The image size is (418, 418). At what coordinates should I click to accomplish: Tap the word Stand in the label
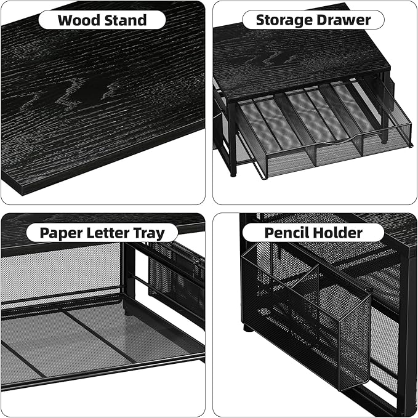[x=126, y=20]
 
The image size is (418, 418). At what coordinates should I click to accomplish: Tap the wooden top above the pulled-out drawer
[x=295, y=62]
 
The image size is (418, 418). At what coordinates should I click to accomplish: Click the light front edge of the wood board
[x=105, y=160]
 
